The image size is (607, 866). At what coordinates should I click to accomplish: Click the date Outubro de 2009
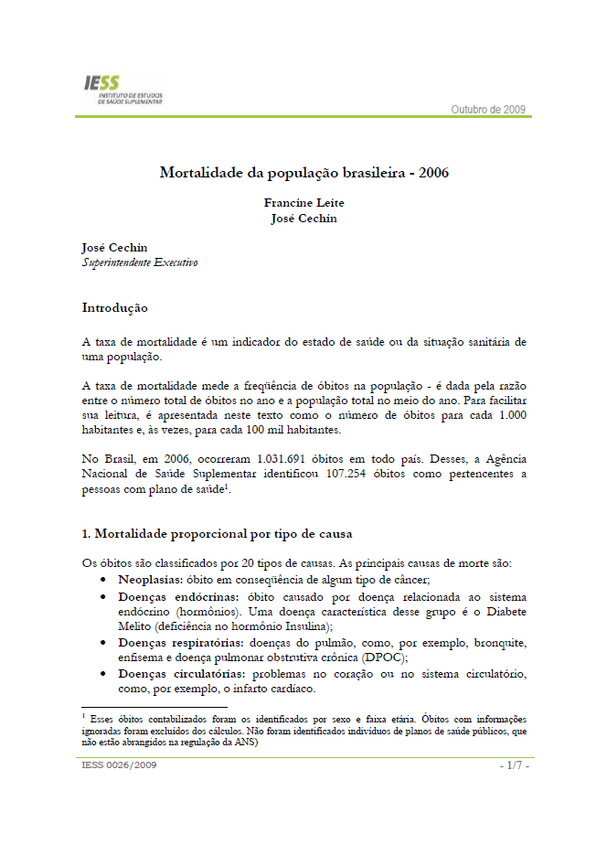pyautogui.click(x=489, y=110)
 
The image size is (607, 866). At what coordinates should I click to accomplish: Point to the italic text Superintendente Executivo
pyautogui.click(x=140, y=262)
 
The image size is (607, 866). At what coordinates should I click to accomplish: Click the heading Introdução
pyautogui.click(x=115, y=307)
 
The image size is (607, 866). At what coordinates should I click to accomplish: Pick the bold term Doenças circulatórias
pyautogui.click(x=177, y=673)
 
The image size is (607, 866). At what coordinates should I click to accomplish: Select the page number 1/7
pyautogui.click(x=514, y=764)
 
